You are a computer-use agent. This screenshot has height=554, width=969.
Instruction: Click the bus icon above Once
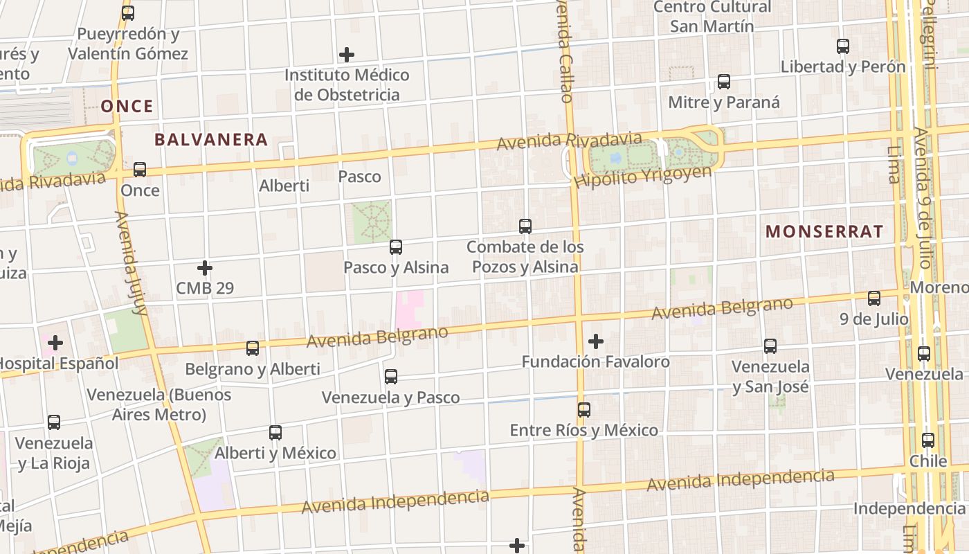[x=140, y=169]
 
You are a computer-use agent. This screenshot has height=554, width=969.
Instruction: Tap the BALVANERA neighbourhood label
[x=210, y=139]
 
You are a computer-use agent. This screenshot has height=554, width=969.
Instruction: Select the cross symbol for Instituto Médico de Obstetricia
[x=347, y=54]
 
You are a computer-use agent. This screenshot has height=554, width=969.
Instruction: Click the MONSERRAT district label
[x=824, y=231]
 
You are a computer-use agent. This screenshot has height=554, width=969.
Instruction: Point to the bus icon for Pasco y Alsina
[x=396, y=247]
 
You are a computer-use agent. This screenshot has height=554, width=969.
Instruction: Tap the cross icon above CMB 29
[x=205, y=267]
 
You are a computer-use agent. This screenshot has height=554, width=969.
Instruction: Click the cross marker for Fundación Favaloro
[x=596, y=341]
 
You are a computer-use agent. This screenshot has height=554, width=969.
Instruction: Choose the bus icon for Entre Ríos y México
[x=584, y=409]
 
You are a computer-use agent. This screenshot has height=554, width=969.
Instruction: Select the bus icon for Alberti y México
[x=275, y=432]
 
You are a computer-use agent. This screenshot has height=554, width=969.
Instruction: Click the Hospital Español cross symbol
[x=55, y=342]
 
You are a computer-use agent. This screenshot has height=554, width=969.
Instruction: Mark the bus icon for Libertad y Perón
[x=843, y=46]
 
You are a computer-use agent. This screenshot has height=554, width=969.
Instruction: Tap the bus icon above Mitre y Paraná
[x=724, y=81]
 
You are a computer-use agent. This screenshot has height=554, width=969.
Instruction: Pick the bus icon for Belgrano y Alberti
[x=253, y=348]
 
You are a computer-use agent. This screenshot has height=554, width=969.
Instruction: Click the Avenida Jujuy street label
[x=132, y=263]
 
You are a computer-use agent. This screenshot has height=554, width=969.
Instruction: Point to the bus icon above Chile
[x=928, y=440]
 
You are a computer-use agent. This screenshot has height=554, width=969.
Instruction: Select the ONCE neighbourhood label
[x=127, y=106]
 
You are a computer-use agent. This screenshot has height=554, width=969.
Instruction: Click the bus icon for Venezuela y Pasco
[x=391, y=376]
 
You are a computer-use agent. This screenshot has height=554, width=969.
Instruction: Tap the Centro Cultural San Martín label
[x=712, y=17]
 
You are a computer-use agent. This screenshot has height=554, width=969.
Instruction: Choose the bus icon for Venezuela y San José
[x=770, y=346]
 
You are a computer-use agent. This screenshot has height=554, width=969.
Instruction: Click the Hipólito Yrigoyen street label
[x=642, y=177]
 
